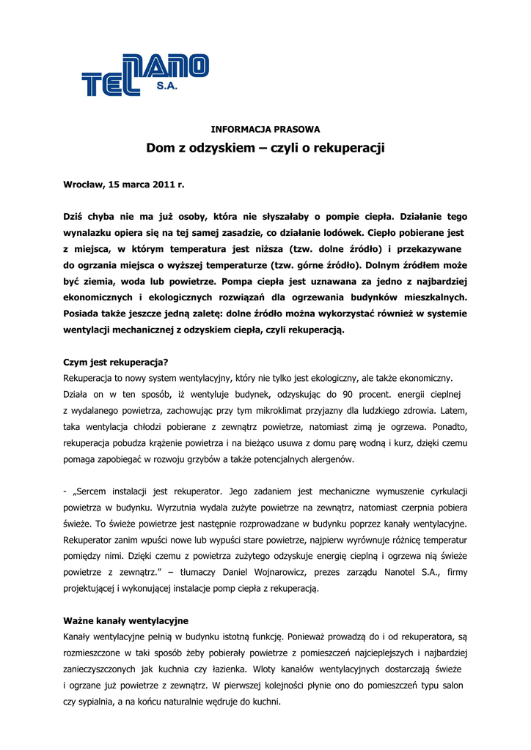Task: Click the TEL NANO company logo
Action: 144,76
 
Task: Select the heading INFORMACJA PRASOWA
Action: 265,130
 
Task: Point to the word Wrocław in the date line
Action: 84,185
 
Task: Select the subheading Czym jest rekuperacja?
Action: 116,362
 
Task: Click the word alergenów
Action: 332,459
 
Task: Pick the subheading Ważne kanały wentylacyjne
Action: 126,620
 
